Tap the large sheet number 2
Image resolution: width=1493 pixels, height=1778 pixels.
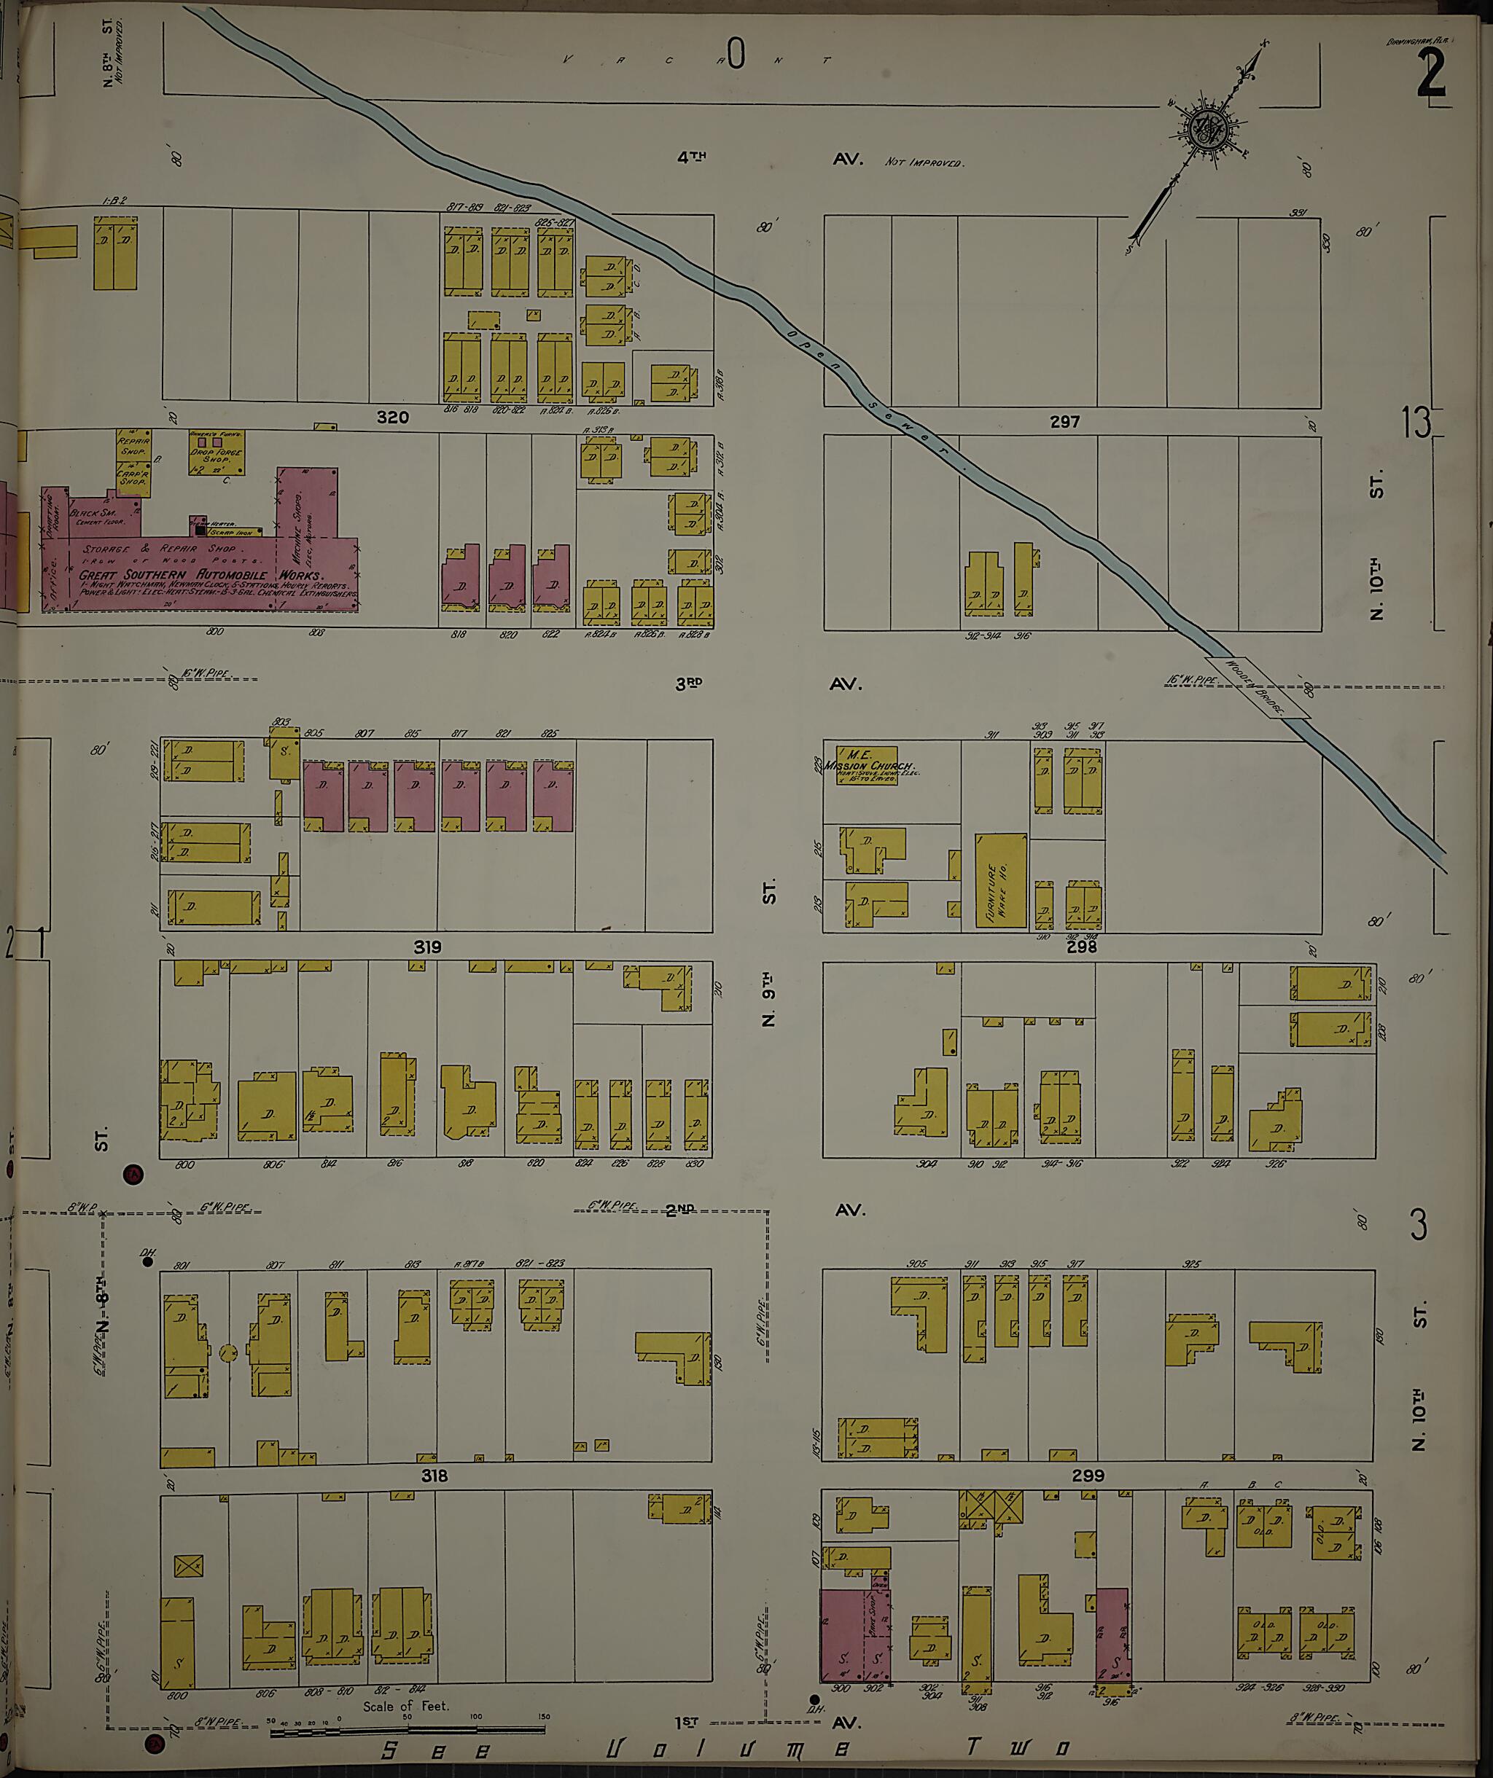pyautogui.click(x=1430, y=74)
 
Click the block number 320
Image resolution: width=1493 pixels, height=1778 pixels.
pyautogui.click(x=393, y=418)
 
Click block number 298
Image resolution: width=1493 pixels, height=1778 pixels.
pyautogui.click(x=1080, y=947)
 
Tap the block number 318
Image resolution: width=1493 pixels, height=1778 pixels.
pyautogui.click(x=434, y=1476)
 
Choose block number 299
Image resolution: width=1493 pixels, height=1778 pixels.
pyautogui.click(x=1088, y=1476)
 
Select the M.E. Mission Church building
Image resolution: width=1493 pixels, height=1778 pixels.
pyautogui.click(x=868, y=764)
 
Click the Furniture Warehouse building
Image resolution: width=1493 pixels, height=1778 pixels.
pyautogui.click(x=1000, y=880)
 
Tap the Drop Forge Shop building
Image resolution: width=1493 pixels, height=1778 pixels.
pyautogui.click(x=217, y=454)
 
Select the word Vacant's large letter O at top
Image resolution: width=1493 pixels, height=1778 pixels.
pyautogui.click(x=735, y=56)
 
